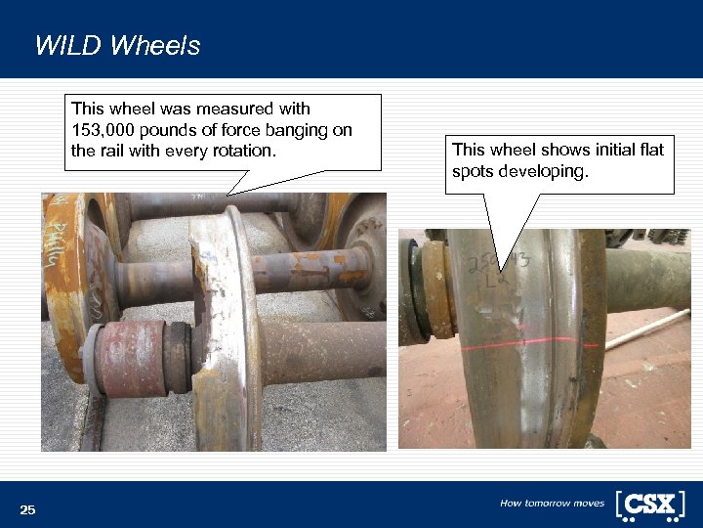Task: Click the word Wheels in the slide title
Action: [155, 46]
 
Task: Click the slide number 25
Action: [27, 509]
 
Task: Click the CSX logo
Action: [649, 504]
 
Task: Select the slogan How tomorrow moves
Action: [552, 504]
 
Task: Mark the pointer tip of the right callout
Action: [500, 270]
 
